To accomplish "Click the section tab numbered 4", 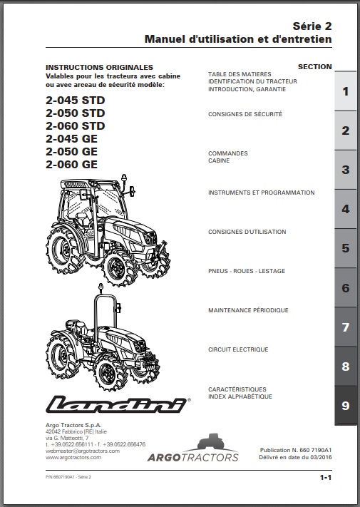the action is [x=345, y=209].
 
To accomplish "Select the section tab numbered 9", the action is [x=345, y=405].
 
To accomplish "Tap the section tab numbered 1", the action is [x=345, y=91].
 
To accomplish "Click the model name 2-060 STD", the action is [x=76, y=126].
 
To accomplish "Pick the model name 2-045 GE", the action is [x=71, y=139].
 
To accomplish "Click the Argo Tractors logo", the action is [x=193, y=448].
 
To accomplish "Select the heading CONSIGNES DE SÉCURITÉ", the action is [x=245, y=114].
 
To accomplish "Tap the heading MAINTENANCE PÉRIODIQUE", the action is [x=248, y=310].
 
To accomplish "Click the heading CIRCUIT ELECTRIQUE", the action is [x=238, y=349].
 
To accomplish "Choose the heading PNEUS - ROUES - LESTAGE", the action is [x=247, y=271].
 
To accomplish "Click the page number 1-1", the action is [x=326, y=477].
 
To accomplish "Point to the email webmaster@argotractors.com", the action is [x=83, y=451].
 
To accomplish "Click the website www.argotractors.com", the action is [x=73, y=458].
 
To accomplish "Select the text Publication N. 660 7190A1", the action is [x=296, y=450].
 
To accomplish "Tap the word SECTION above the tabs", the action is [x=315, y=67].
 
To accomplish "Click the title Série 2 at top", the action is [x=312, y=26].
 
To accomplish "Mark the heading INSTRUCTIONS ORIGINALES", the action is [x=99, y=68].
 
